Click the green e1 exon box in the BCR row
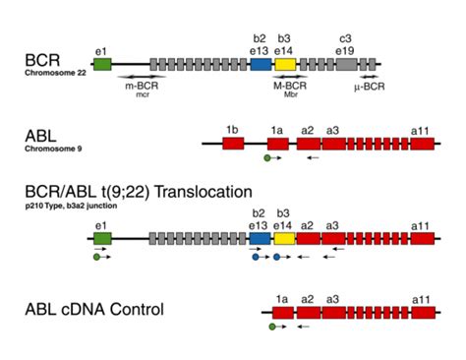101,63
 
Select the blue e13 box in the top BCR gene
261,63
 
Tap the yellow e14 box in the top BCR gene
284,63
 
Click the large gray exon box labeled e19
346,63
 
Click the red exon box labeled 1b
233,144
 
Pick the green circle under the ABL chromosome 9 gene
266,157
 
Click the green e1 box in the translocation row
101,238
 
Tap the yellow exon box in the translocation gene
284,238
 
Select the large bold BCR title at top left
43,58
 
